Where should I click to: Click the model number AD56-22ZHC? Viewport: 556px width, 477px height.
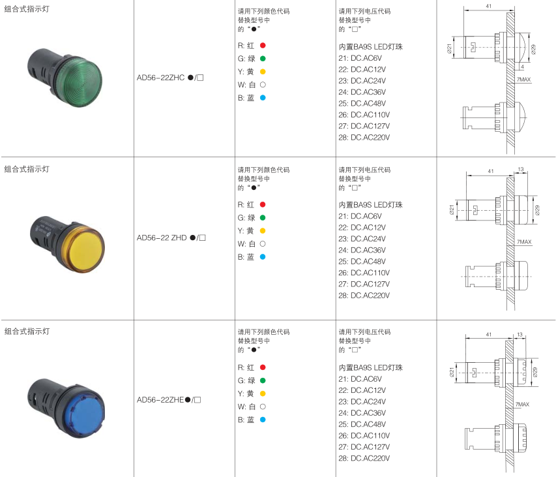160,78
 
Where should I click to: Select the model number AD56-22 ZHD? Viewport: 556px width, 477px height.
162,238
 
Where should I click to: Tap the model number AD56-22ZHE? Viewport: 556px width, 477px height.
160,400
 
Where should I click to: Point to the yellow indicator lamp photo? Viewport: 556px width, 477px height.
68,244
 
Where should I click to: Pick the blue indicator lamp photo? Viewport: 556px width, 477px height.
66,408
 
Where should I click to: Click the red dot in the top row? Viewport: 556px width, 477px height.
263,46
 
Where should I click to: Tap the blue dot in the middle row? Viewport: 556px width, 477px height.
263,256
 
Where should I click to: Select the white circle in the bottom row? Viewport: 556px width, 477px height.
263,407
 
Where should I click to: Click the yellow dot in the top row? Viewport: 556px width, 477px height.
263,72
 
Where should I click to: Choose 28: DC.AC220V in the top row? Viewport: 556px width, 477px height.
364,137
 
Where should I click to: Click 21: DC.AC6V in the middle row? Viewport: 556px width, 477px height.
360,216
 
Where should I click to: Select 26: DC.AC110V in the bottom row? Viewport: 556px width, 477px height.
364,435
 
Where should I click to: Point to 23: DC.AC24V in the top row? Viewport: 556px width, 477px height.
362,80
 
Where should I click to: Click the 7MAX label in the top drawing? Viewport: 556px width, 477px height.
523,80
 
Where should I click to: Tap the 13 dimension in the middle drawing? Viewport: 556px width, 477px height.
521,169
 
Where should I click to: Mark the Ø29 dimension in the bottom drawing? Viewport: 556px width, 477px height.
534,372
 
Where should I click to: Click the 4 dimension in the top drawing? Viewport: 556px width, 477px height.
522,67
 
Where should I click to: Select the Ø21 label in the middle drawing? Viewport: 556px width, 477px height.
452,210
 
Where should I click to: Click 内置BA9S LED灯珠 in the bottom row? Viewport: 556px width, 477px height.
370,367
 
